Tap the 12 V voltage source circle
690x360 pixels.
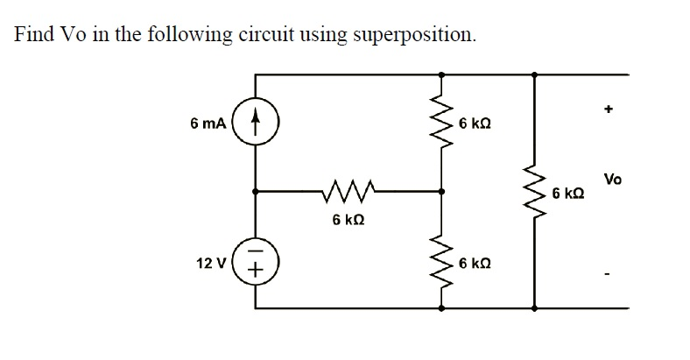[x=256, y=263]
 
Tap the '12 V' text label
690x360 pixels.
[x=212, y=263]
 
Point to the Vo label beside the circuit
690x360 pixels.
[x=613, y=180]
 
